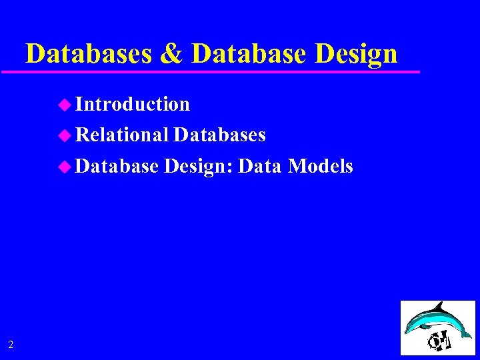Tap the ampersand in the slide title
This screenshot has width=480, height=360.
coord(172,54)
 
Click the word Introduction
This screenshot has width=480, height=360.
coord(133,104)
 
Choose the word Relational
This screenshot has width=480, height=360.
coord(122,135)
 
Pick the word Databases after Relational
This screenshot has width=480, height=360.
coord(219,135)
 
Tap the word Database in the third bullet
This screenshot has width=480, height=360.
coord(117,166)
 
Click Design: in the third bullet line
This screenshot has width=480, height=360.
coord(198,167)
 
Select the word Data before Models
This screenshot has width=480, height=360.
coord(260,166)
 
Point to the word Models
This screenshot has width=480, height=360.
coord(321,166)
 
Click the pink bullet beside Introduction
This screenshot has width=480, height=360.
coord(64,104)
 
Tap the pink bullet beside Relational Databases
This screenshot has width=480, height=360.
coord(64,135)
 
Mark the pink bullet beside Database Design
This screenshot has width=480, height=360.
coord(64,167)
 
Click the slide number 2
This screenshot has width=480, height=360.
coord(11,345)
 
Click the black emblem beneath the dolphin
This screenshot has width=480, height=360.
coord(440,341)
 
